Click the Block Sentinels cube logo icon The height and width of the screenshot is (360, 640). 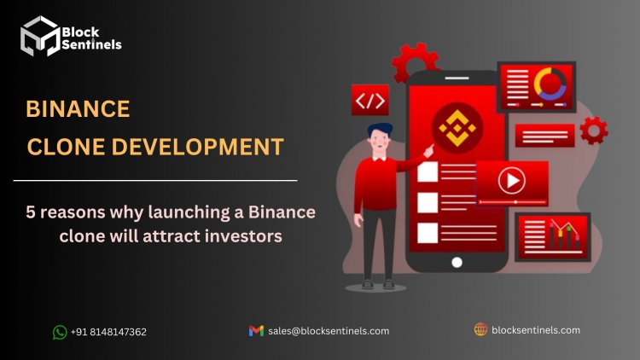40,36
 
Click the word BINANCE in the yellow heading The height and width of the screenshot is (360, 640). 78,109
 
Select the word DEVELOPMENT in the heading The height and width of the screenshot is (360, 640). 198,147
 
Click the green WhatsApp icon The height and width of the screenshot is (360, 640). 60,332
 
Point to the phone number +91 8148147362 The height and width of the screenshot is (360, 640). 108,332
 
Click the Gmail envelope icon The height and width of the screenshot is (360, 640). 256,331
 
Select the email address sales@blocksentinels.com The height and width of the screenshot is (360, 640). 329,331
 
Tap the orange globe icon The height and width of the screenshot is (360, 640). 480,329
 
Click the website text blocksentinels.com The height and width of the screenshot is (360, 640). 536,330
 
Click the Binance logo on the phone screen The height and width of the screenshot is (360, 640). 457,128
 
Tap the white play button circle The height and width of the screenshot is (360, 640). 511,180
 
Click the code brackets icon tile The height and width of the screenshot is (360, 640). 370,100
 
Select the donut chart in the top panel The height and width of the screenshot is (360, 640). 550,84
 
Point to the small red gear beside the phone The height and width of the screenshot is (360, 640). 593,131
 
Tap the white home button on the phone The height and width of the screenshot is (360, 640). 457,263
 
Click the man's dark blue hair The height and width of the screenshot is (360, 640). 380,130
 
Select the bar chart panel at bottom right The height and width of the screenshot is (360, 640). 553,237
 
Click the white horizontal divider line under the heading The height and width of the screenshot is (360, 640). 155,180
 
